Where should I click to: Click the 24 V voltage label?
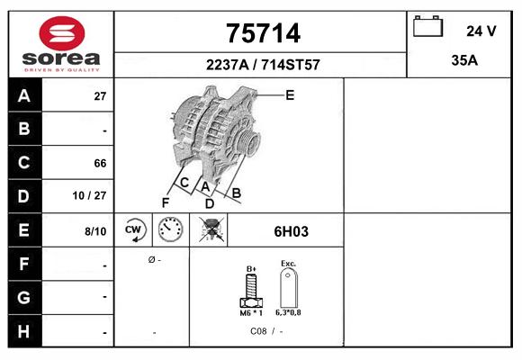(x=481, y=31)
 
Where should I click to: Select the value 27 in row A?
(x=100, y=96)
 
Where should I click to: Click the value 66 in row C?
(x=100, y=164)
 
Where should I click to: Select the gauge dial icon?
(x=170, y=230)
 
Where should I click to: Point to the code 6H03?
(x=291, y=231)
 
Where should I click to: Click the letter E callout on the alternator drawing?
(x=289, y=94)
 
